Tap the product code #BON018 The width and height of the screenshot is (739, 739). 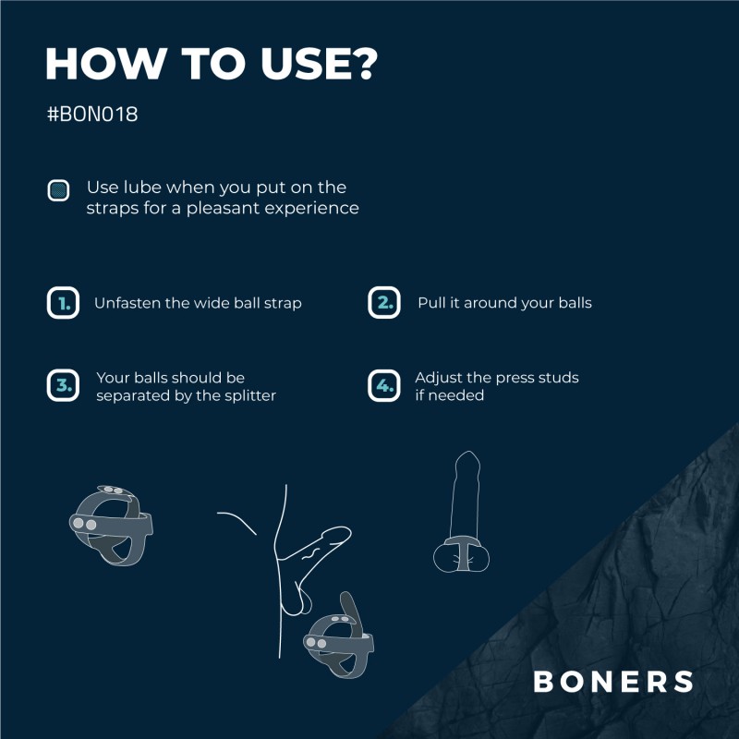[x=92, y=117]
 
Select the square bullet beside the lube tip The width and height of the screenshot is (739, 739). [x=59, y=190]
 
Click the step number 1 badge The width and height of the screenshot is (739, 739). [x=63, y=303]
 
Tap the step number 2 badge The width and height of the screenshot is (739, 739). [x=383, y=303]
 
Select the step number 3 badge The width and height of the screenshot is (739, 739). [x=63, y=385]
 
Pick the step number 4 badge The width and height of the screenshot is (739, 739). [x=383, y=385]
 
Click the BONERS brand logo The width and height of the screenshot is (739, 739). [x=613, y=682]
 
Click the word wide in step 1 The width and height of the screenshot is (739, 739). [x=211, y=303]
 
